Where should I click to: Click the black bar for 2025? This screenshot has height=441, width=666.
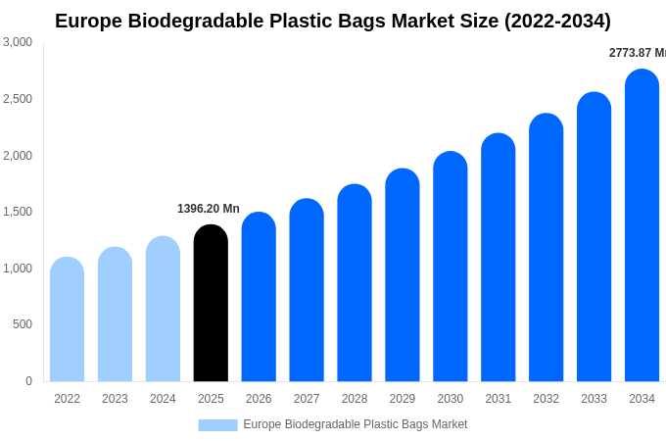[211, 304]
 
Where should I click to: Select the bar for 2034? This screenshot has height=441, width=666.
[642, 225]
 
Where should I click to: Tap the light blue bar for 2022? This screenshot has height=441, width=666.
[67, 319]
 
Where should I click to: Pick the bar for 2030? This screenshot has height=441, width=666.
[451, 267]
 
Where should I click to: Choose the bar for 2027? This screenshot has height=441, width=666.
[307, 290]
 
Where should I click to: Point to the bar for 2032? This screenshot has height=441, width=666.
[546, 248]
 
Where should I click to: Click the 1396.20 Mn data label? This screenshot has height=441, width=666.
[208, 209]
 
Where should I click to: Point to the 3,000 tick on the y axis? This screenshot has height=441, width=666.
[18, 42]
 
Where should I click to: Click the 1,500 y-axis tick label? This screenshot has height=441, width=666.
[18, 212]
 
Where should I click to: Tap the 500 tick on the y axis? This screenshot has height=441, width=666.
[22, 324]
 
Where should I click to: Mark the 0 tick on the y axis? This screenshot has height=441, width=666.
[28, 381]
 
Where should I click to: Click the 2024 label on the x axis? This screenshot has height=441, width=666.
[163, 399]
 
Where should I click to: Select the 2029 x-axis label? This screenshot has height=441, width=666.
[403, 399]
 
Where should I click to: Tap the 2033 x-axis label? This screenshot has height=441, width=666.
[594, 399]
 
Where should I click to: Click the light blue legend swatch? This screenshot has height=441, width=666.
[217, 425]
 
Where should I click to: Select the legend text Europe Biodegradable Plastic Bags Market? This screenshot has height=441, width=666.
[355, 424]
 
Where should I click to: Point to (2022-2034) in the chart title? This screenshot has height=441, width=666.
[557, 21]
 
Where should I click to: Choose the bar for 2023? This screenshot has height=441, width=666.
[115, 315]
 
